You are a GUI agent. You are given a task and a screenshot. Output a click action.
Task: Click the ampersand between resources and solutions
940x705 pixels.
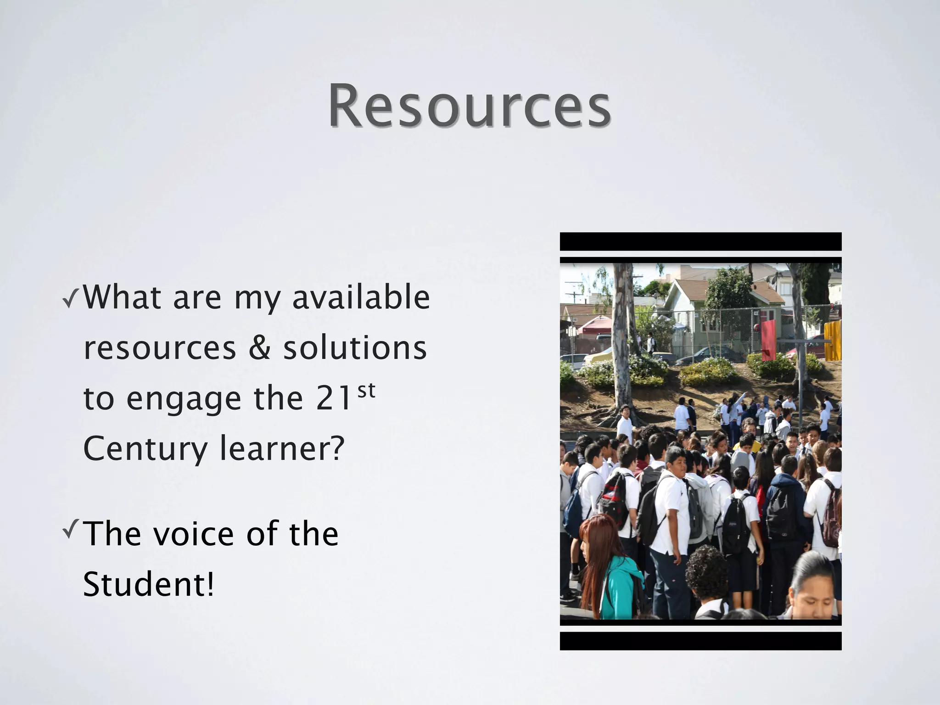coord(259,348)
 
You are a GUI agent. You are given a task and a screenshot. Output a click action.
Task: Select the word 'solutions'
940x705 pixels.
coord(355,348)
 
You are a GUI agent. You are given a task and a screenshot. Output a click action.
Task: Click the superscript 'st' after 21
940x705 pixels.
coord(366,391)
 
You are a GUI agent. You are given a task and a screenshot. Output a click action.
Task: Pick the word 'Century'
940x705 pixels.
coord(145,448)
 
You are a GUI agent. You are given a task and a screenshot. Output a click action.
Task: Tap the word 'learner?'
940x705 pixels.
coord(282,448)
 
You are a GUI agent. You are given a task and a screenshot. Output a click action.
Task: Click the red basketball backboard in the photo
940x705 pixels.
coord(768,340)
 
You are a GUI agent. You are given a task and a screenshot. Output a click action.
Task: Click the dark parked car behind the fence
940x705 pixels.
coord(709,354)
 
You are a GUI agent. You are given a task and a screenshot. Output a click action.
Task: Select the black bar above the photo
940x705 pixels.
coord(700,241)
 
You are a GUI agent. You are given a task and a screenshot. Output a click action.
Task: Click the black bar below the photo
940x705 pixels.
coord(700,641)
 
